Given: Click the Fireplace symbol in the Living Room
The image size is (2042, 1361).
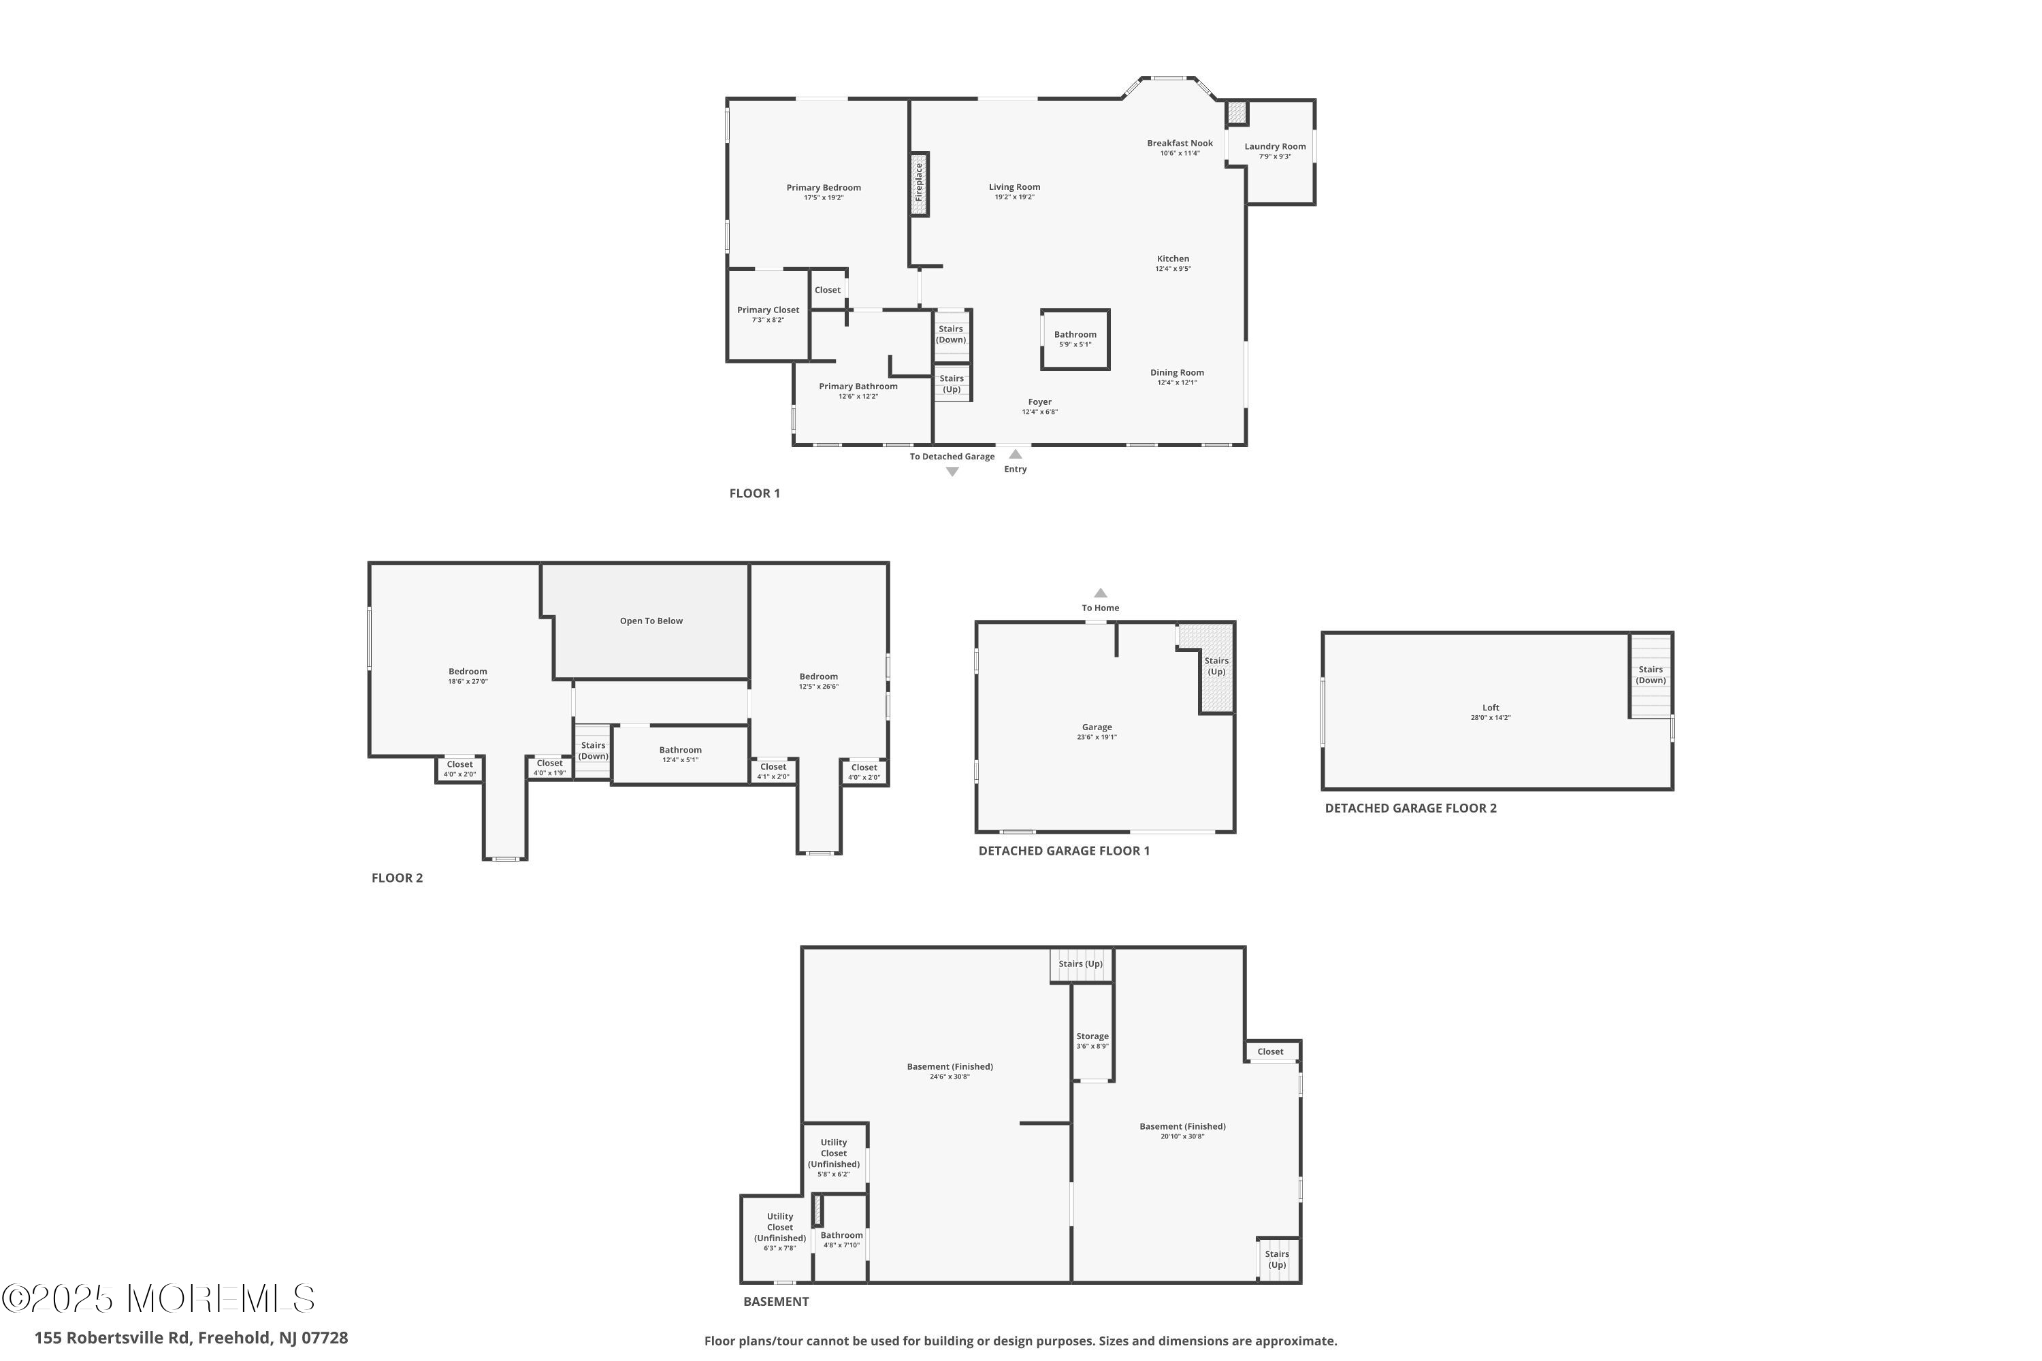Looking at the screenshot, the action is pyautogui.click(x=920, y=184).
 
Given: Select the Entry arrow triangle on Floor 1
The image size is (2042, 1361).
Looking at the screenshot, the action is pyautogui.click(x=1015, y=454).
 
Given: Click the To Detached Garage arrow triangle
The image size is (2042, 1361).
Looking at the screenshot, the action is pyautogui.click(x=952, y=472).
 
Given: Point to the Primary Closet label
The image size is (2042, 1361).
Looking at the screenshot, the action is pyautogui.click(x=768, y=310).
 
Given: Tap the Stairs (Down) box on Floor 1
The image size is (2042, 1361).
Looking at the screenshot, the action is pyautogui.click(x=952, y=334).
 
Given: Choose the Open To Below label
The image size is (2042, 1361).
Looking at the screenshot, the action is pyautogui.click(x=651, y=621).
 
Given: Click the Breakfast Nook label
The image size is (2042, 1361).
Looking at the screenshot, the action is pyautogui.click(x=1180, y=143).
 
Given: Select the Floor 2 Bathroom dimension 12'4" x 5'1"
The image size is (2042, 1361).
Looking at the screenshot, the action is pyautogui.click(x=680, y=760).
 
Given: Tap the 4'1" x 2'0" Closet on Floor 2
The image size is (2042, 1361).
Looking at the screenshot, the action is pyautogui.click(x=773, y=772).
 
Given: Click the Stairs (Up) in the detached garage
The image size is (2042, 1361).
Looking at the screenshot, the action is pyautogui.click(x=1216, y=668).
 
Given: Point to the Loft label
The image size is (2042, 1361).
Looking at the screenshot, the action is pyautogui.click(x=1491, y=708).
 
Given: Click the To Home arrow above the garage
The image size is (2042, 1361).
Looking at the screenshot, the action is pyautogui.click(x=1100, y=593).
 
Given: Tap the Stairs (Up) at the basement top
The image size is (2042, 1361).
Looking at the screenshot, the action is pyautogui.click(x=1081, y=965).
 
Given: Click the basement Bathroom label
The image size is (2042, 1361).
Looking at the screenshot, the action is pyautogui.click(x=841, y=1235).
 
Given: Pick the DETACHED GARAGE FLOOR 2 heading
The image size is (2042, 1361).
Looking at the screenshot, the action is pyautogui.click(x=1411, y=808).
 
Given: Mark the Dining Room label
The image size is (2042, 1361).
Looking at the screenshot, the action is pyautogui.click(x=1178, y=372).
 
